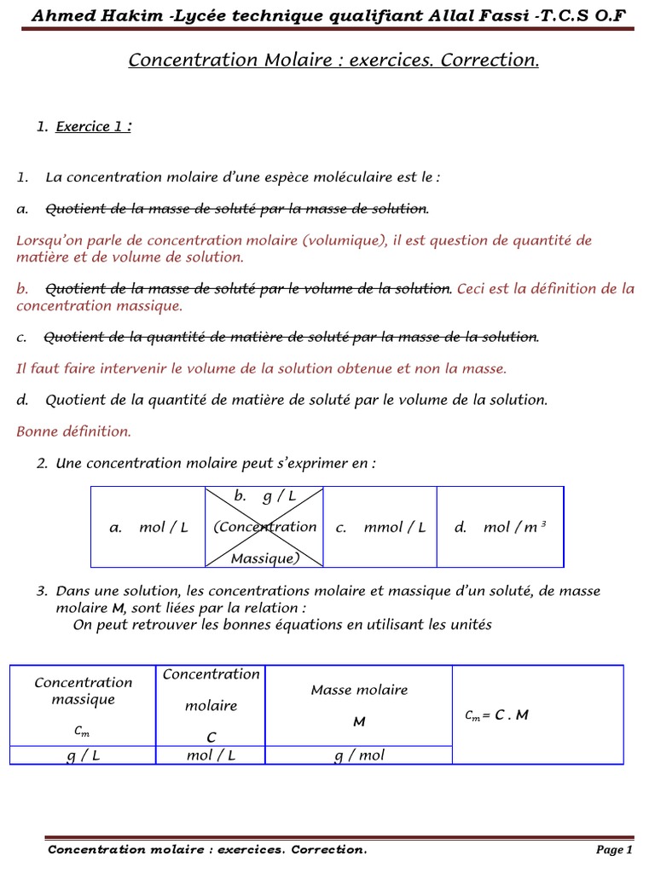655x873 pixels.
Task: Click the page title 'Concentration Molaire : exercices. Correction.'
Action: point(333,60)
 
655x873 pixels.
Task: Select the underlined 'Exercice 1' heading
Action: point(93,127)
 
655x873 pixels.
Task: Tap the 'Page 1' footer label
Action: point(614,850)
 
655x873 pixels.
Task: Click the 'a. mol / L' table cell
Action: point(148,528)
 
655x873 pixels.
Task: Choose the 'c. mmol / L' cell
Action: point(380,528)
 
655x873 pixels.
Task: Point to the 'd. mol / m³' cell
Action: point(500,528)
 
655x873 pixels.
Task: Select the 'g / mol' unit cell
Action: point(359,755)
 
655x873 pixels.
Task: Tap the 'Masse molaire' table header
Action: point(359,690)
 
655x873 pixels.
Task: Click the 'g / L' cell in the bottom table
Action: point(83,755)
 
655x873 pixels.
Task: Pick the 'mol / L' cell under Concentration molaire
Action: point(211,755)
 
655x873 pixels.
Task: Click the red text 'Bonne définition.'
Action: point(73,431)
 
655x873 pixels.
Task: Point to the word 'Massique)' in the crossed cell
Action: point(264,558)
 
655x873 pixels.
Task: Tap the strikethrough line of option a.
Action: point(236,209)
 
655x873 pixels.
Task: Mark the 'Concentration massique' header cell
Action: point(83,691)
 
